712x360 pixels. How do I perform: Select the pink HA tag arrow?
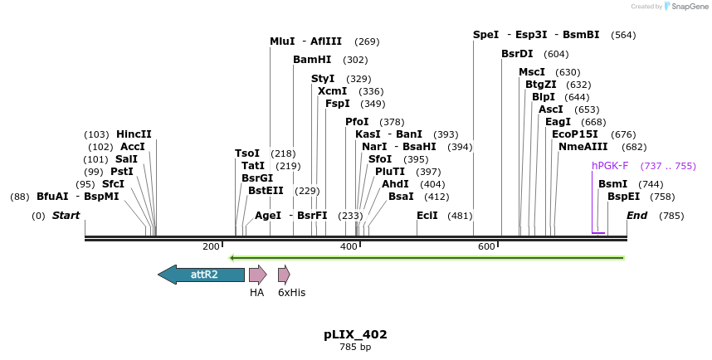[257, 275]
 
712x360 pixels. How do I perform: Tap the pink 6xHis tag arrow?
[284, 275]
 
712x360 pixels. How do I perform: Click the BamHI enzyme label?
[312, 60]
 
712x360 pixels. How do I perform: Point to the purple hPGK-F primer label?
[610, 166]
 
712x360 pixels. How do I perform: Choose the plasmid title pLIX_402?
[355, 335]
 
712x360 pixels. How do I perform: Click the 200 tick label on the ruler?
[211, 246]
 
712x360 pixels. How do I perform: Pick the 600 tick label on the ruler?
[486, 246]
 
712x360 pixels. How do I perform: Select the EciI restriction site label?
[427, 216]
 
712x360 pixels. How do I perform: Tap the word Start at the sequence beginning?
[66, 216]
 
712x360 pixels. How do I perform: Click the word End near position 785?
[636, 216]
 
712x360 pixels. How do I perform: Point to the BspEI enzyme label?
[623, 197]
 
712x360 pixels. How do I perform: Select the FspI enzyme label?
[337, 104]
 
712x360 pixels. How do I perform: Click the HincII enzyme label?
[134, 134]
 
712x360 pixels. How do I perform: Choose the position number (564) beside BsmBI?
[622, 35]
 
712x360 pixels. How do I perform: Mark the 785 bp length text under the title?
[355, 347]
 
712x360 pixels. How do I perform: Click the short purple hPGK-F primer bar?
[598, 233]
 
